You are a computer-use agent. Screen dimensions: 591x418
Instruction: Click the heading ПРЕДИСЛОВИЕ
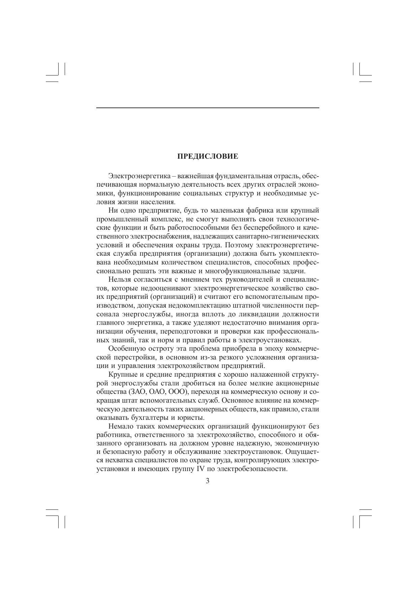[207, 156]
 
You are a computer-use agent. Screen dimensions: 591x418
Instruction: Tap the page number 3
[207, 481]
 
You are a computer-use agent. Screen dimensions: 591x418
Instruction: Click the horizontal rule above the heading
[207, 107]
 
